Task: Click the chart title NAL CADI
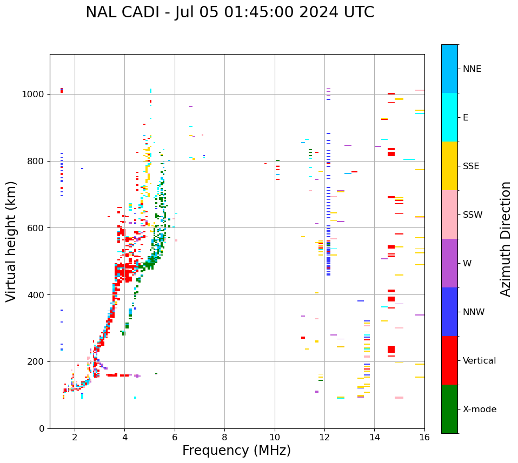pyautogui.click(x=230, y=12)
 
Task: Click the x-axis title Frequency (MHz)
pyautogui.click(x=236, y=451)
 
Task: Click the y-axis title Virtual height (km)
pyautogui.click(x=12, y=241)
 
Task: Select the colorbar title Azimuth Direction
pyautogui.click(x=506, y=239)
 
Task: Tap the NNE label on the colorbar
pyautogui.click(x=471, y=69)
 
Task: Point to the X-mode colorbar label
pyautogui.click(x=480, y=410)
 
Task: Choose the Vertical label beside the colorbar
pyautogui.click(x=479, y=361)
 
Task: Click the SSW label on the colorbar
pyautogui.click(x=473, y=215)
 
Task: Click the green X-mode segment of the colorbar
pyautogui.click(x=449, y=409)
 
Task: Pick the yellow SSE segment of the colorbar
pyautogui.click(x=449, y=166)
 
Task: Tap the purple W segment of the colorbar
pyautogui.click(x=449, y=263)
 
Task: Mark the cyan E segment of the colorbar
pyautogui.click(x=449, y=117)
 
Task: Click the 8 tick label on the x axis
pyautogui.click(x=224, y=437)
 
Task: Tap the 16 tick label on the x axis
pyautogui.click(x=424, y=437)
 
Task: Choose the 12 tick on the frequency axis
pyautogui.click(x=324, y=437)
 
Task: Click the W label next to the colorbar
pyautogui.click(x=467, y=264)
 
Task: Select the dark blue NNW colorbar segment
pyautogui.click(x=449, y=312)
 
